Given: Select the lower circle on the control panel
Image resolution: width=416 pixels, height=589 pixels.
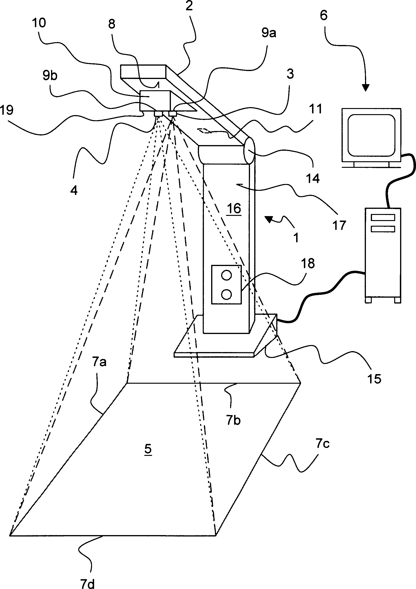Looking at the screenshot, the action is tap(226, 294).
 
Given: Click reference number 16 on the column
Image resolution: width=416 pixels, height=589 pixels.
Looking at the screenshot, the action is tap(234, 208).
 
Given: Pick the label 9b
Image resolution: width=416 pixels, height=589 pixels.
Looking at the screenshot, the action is tap(50, 76).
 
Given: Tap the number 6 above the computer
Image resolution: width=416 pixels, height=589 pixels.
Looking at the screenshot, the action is tap(324, 15).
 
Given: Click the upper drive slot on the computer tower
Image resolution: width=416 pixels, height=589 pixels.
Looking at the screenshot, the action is tap(383, 218).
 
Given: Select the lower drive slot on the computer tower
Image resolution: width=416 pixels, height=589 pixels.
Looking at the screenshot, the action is tap(383, 229).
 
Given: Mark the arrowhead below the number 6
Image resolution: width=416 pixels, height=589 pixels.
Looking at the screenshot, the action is tap(365, 88).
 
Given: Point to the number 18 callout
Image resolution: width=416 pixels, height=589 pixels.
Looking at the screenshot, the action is tap(308, 263).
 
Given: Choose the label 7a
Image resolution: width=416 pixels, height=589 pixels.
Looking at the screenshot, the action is tap(99, 362).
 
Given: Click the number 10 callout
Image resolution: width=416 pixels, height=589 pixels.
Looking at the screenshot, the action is tap(39, 23).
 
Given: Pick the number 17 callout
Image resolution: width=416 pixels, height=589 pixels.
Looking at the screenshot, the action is tap(339, 225).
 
